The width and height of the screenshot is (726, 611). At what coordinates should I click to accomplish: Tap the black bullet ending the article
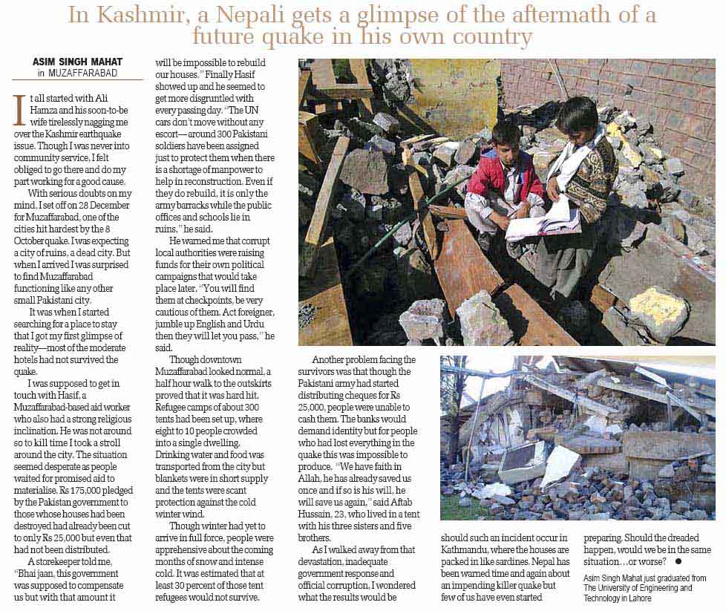tap(678, 562)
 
